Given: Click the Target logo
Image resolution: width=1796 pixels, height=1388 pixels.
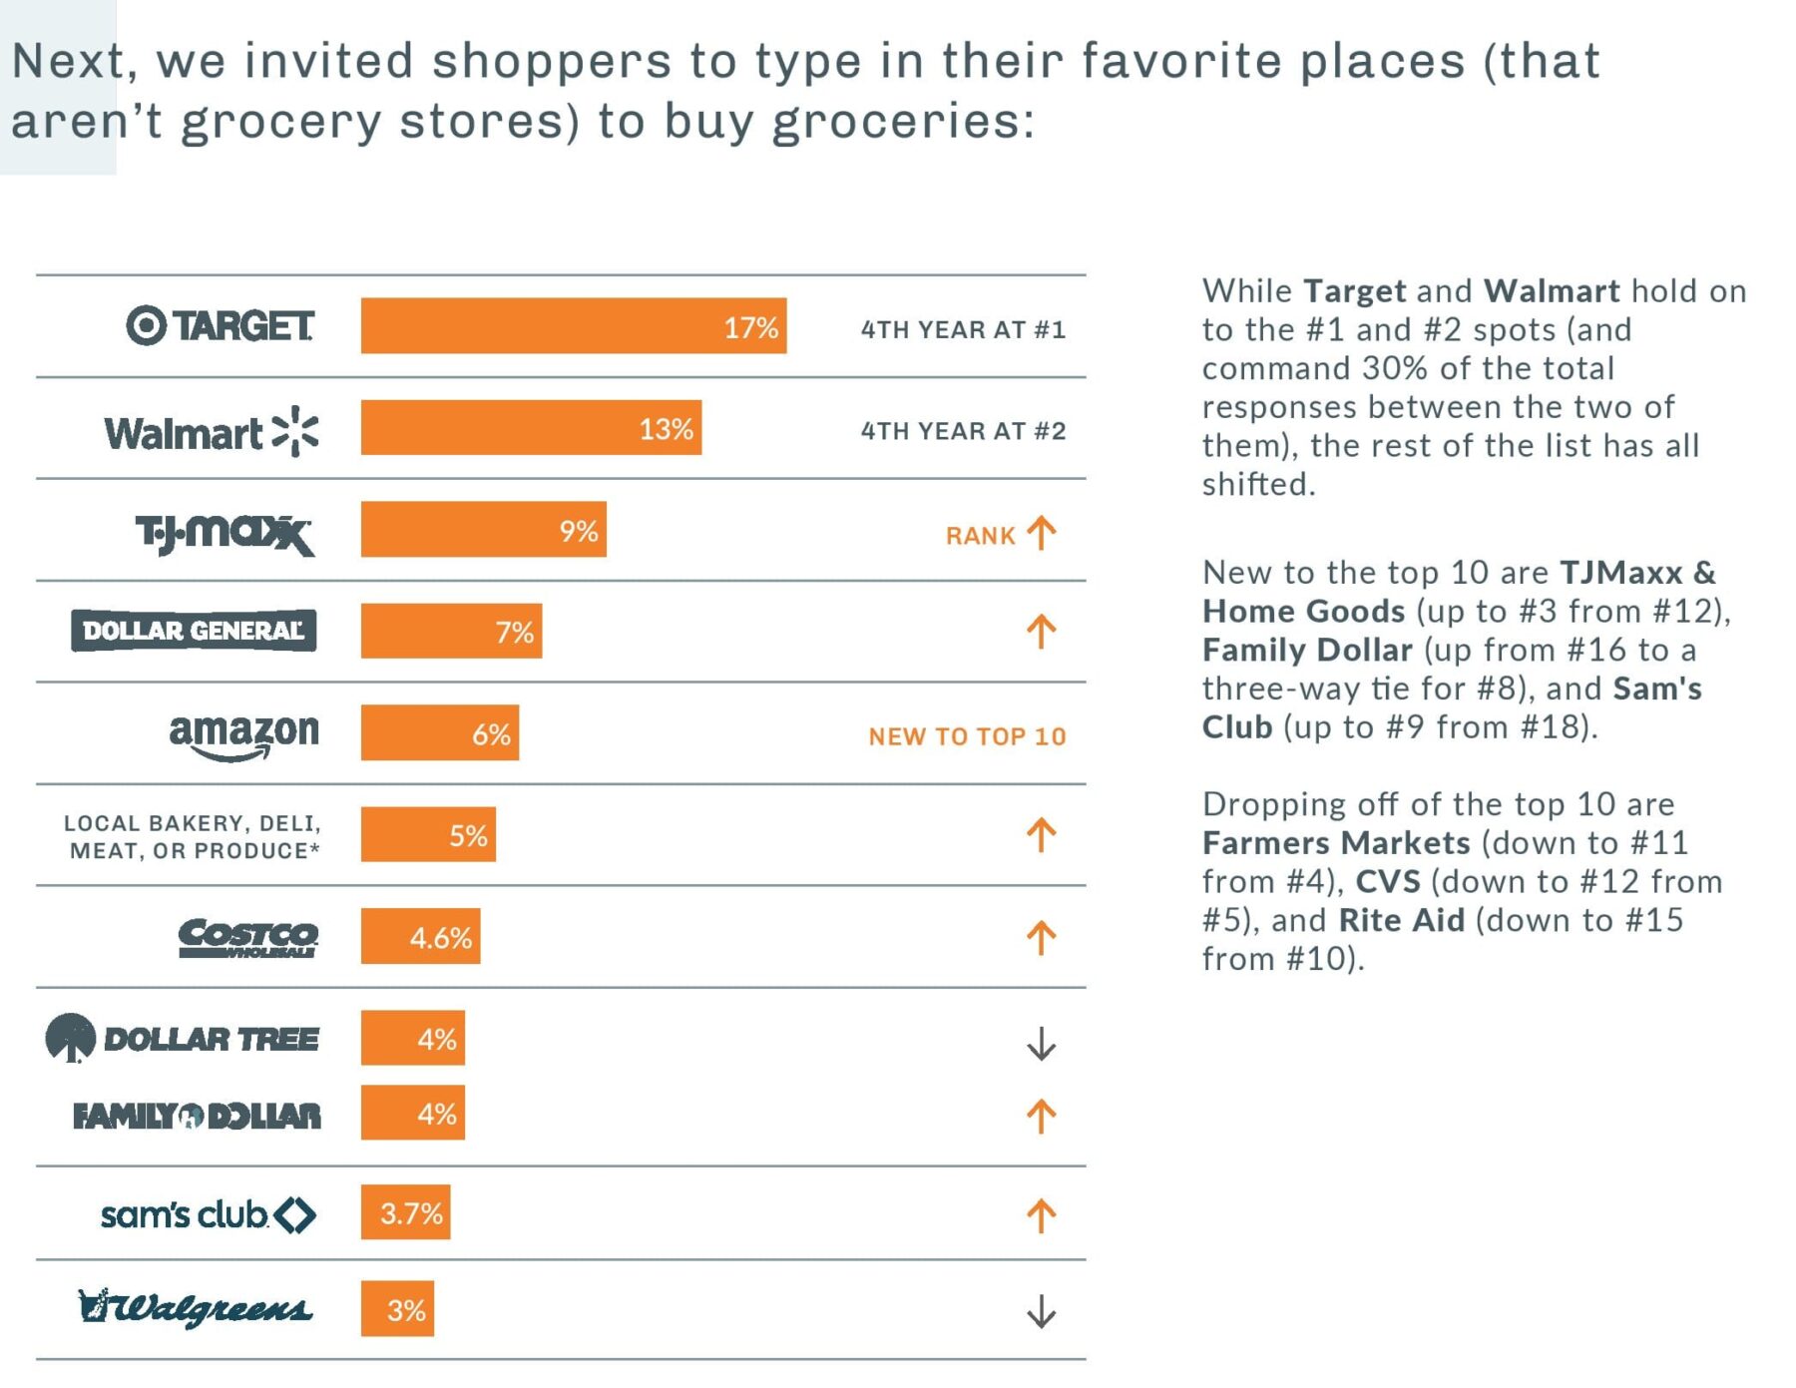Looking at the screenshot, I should (x=221, y=325).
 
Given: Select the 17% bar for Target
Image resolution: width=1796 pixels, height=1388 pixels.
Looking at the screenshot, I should (x=573, y=325).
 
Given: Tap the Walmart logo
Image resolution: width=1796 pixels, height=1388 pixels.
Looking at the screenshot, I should (x=211, y=431).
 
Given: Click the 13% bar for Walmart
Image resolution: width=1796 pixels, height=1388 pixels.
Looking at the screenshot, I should (x=531, y=428).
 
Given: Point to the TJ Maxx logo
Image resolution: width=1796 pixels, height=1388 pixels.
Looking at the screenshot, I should (x=224, y=533).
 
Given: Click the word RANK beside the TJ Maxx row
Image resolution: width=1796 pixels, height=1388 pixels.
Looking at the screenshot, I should (x=980, y=536).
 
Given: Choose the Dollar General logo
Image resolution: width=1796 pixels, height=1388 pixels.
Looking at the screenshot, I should (x=194, y=631).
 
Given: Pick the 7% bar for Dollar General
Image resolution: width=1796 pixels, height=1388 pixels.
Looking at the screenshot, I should (x=451, y=631).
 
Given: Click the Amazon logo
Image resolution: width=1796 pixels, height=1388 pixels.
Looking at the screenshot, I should (x=243, y=736).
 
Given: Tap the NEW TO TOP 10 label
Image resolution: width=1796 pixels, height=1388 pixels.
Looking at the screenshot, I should (x=967, y=736).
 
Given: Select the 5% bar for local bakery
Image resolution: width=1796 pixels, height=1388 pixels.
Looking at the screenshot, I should (x=428, y=834).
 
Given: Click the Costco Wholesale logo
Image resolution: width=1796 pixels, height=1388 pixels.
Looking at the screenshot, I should (x=247, y=937).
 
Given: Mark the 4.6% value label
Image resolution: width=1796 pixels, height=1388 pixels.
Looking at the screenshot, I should (x=440, y=938).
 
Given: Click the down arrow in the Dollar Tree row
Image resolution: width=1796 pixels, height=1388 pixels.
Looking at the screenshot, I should (x=1041, y=1044).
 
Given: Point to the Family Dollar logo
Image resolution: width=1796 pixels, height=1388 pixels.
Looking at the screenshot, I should (x=197, y=1116).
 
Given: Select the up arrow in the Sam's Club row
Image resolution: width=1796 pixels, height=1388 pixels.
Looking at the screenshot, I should (x=1041, y=1215).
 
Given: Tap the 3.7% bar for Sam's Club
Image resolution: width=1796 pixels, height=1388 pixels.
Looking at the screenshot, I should (x=405, y=1212).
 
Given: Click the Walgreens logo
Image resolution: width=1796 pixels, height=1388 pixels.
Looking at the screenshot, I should (x=196, y=1307).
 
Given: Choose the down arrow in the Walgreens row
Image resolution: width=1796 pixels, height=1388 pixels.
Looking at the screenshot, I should (x=1041, y=1311).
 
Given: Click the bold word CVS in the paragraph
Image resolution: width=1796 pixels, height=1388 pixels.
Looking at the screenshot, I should (x=1387, y=881).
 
